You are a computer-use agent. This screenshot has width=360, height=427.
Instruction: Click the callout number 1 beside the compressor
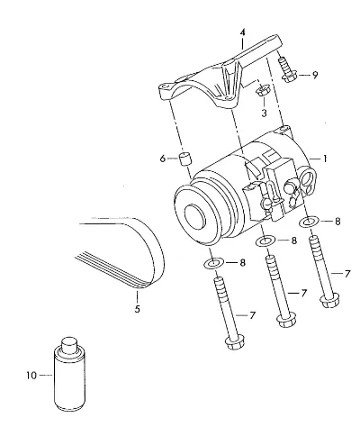point(325,159)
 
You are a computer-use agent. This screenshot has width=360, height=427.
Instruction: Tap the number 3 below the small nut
point(264,114)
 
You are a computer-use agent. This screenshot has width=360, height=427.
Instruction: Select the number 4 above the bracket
point(242,32)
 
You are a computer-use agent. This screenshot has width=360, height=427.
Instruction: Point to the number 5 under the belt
point(137,309)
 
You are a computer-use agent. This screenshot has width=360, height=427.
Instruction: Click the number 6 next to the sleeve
point(163,159)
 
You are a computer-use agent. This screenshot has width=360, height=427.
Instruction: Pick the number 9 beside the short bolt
point(315,75)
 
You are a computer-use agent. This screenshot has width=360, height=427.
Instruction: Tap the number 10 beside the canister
point(31,376)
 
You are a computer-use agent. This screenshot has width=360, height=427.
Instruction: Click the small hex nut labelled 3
point(263,90)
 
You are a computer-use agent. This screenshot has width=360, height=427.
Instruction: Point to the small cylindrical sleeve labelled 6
point(185,159)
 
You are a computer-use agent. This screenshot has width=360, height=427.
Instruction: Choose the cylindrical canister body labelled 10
point(69,380)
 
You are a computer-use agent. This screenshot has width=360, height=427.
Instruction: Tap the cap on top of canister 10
point(69,345)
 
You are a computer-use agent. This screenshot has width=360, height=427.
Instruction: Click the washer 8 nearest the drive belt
point(213,264)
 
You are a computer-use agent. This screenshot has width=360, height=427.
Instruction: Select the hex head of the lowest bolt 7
point(235,342)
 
